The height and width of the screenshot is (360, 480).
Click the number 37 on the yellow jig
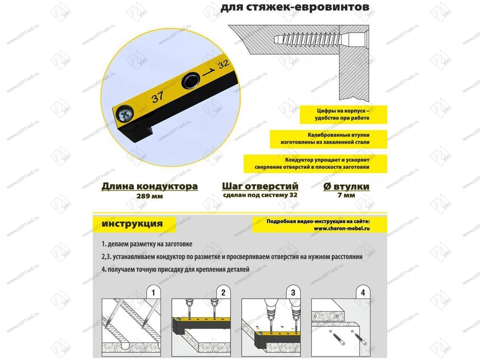(x=157, y=97)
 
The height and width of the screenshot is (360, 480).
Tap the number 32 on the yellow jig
(x=224, y=64)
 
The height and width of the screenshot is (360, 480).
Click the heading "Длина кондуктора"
(x=149, y=186)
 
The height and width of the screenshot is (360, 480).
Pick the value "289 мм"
(x=149, y=196)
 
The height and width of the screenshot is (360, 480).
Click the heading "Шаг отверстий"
(x=260, y=186)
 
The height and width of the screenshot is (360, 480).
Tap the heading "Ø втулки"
(x=346, y=186)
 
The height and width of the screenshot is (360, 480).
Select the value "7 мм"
(x=346, y=196)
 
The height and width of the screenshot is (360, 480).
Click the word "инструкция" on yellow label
(x=132, y=224)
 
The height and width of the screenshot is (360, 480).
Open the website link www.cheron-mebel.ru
(x=342, y=228)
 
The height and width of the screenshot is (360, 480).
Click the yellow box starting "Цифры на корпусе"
(x=343, y=115)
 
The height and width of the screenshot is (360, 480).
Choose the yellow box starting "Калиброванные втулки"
(x=328, y=139)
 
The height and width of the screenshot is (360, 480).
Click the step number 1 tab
(x=153, y=293)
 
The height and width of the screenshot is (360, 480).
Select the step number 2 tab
(x=223, y=293)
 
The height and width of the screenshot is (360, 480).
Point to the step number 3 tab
(x=293, y=293)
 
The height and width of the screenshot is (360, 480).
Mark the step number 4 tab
(x=363, y=293)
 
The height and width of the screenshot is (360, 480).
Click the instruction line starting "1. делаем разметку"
(x=147, y=244)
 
